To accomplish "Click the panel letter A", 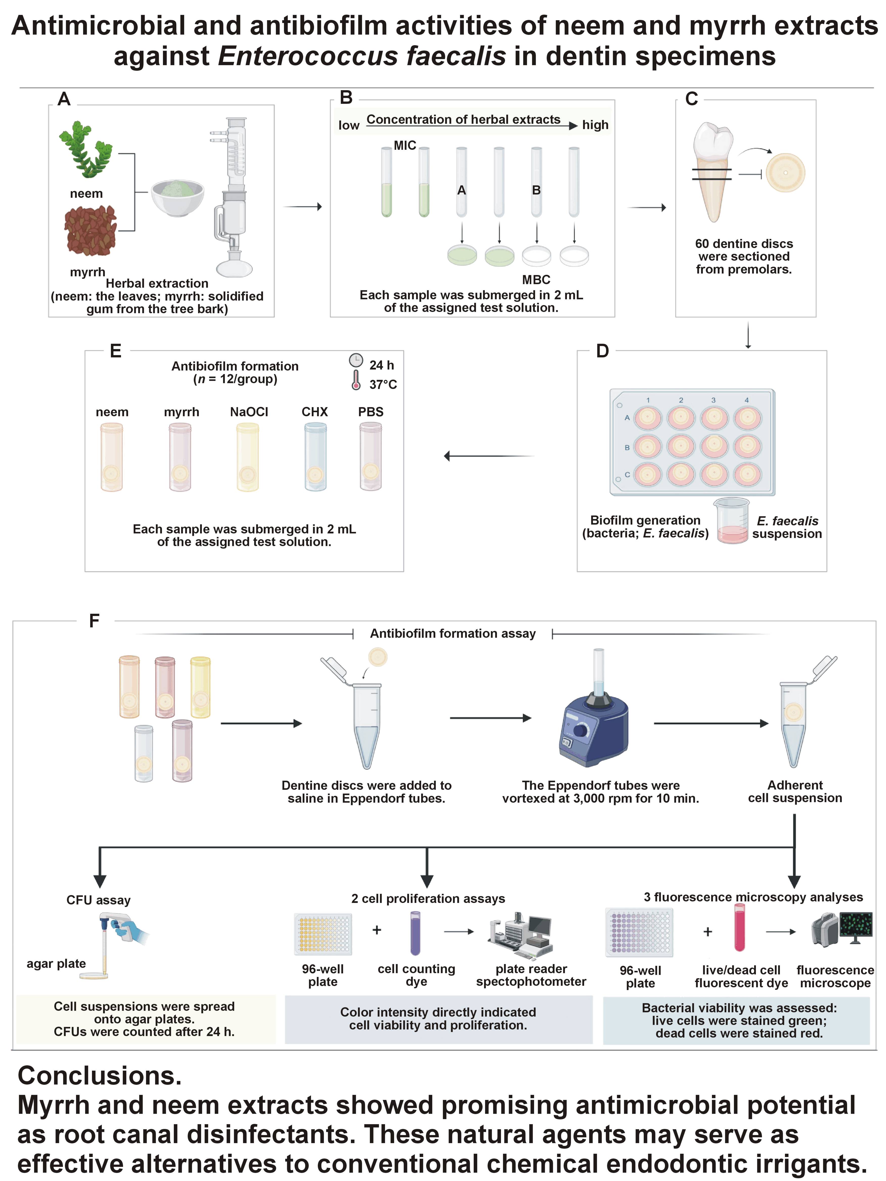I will pos(64,99).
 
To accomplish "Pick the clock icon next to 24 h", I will pos(356,360).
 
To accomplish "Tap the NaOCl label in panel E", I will pos(249,412).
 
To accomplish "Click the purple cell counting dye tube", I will pos(415,933).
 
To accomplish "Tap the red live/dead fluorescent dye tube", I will pos(739,932).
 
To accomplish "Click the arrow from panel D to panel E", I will pos(489,456).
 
